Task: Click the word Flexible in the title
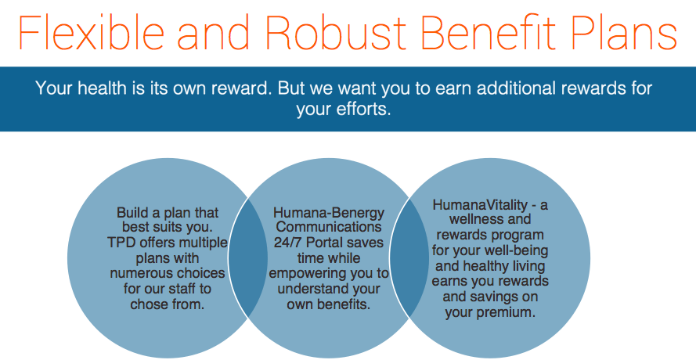pyautogui.click(x=91, y=32)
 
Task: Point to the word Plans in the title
pyautogui.click(x=624, y=32)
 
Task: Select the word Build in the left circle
pyautogui.click(x=132, y=213)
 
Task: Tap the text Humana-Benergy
pyautogui.click(x=329, y=214)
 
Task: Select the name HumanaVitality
pyautogui.click(x=480, y=204)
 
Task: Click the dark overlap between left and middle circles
pyautogui.click(x=248, y=257)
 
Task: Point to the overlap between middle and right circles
pyautogui.click(x=409, y=257)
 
